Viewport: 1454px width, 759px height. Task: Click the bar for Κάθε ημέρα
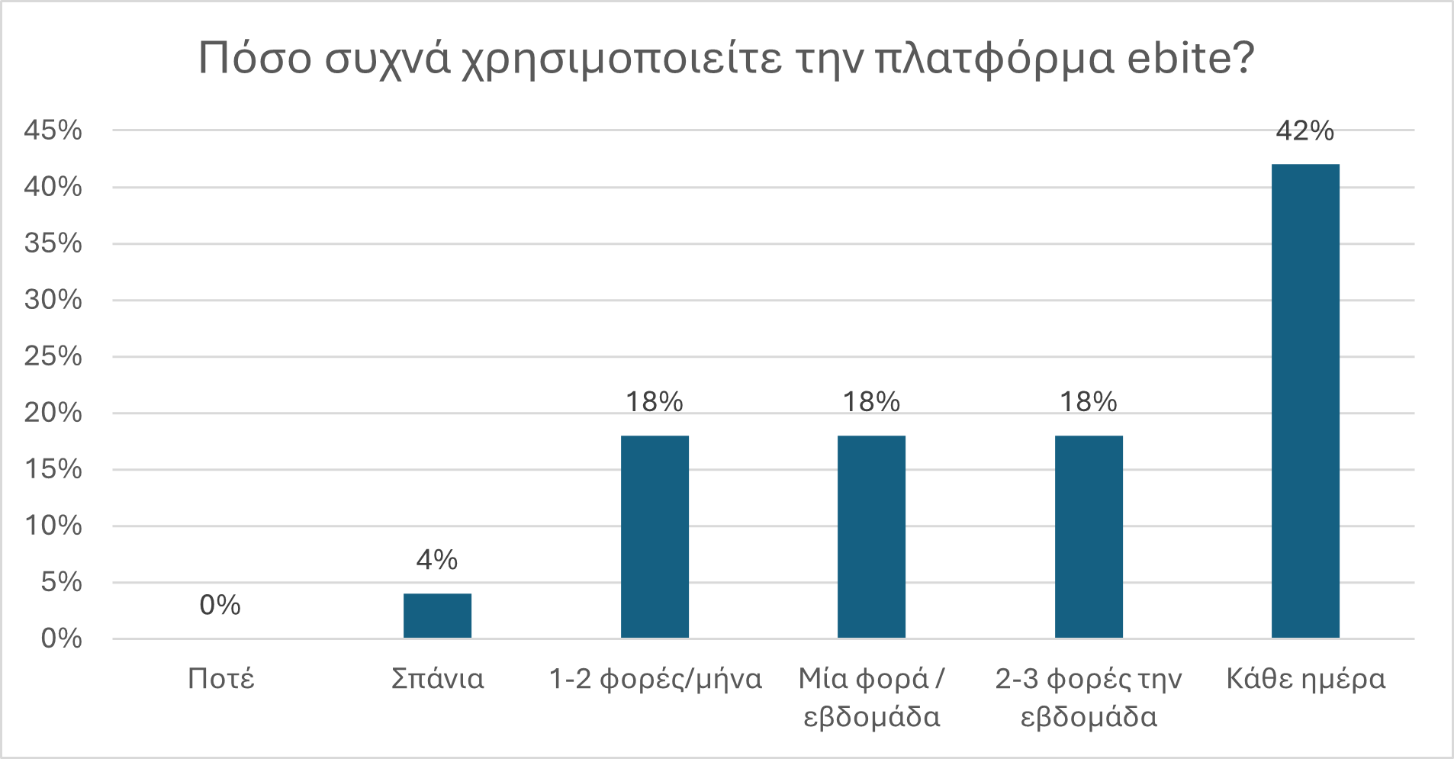1305,400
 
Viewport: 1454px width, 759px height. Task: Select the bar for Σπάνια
437,616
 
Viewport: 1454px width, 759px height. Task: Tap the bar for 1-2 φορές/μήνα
655,536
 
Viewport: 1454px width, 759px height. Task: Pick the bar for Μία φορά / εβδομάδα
871,536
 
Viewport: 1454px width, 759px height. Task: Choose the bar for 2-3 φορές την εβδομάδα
1089,536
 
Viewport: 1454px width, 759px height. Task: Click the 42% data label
1305,131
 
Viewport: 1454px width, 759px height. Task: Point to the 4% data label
437,561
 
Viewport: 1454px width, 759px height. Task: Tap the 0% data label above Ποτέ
220,606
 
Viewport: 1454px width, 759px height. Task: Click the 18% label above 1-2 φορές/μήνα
655,402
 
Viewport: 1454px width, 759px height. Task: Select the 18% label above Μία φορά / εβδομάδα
871,402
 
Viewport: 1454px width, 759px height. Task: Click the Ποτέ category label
220,679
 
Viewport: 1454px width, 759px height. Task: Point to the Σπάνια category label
437,679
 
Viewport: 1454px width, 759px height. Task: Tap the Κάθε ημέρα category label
1305,679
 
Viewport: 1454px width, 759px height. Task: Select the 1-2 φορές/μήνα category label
655,679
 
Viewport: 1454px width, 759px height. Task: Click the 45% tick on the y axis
53,130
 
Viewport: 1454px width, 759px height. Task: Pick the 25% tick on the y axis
53,356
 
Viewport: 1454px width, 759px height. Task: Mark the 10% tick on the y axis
53,526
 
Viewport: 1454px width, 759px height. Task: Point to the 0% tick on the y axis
61,638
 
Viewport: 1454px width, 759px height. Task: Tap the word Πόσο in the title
255,57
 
